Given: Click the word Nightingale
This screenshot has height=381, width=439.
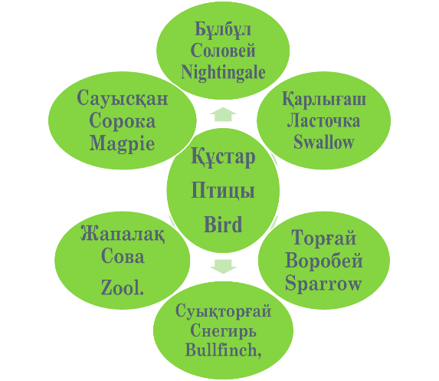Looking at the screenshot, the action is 223,73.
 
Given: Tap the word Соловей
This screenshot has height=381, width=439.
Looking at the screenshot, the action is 223,51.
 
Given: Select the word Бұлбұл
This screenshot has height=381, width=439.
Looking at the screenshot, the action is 223,29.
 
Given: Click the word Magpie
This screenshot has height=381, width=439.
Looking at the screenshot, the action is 122,143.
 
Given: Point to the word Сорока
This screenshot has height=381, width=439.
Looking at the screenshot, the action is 122,121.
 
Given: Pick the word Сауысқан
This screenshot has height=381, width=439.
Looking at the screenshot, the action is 123,99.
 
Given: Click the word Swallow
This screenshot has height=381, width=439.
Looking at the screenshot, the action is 323,142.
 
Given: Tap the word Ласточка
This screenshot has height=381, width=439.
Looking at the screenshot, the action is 323,121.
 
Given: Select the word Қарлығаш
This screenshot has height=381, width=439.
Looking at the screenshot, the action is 323,99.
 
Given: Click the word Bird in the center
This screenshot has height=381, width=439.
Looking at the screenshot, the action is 223,225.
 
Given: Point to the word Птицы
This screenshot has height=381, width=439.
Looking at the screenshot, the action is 223,190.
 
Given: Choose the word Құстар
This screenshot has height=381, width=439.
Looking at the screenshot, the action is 223,157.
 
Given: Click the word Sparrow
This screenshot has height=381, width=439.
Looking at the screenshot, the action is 323,284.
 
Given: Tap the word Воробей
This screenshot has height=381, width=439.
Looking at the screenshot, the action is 323,261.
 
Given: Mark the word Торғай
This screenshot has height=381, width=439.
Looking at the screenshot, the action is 323,238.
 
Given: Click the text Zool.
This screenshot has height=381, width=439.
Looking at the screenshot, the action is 123,287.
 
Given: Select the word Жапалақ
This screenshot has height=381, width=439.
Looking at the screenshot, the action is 123,234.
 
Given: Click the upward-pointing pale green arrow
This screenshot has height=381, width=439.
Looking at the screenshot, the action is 223,114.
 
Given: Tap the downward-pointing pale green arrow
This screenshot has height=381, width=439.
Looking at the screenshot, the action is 223,267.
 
